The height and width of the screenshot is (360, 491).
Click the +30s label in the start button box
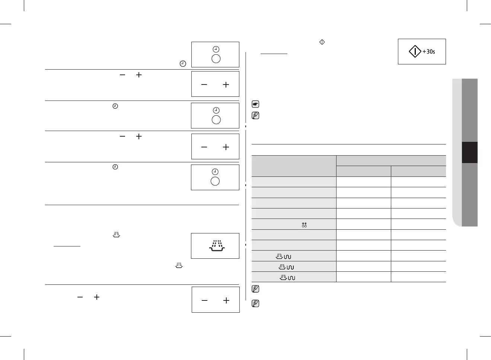(x=429, y=52)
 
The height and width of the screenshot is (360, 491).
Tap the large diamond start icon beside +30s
(x=415, y=51)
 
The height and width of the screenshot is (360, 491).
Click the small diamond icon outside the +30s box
(x=322, y=42)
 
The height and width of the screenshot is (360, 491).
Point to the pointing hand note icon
(x=255, y=104)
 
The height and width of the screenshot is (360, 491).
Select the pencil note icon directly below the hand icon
(x=255, y=115)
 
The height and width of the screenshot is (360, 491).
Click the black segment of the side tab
(x=469, y=152)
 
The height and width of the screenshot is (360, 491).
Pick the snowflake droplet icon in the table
(x=304, y=224)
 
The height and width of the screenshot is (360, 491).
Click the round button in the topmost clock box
(x=216, y=59)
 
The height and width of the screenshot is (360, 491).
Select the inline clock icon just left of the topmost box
(x=183, y=64)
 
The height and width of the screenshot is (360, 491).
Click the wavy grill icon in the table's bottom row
(x=291, y=277)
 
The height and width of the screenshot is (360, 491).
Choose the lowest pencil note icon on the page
(x=255, y=303)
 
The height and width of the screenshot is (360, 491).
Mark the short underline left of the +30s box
(x=274, y=54)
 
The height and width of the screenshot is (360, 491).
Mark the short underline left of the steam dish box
(x=67, y=246)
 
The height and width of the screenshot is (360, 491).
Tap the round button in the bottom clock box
(x=215, y=181)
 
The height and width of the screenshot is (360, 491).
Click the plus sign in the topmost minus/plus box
(x=226, y=85)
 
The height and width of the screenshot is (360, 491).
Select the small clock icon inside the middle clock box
(x=216, y=110)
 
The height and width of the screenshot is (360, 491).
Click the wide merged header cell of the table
(x=390, y=160)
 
